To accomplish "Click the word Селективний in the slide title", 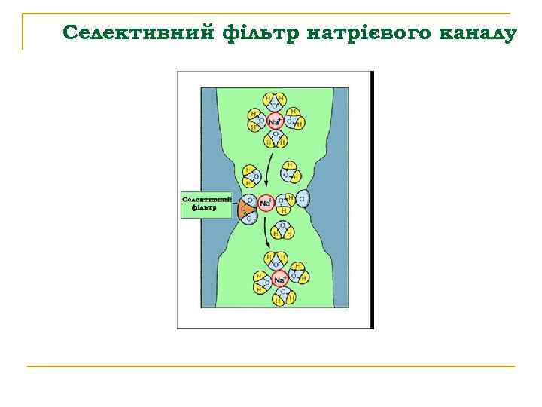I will (140, 34).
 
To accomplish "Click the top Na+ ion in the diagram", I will (275, 121).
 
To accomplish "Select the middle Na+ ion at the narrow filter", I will (266, 202).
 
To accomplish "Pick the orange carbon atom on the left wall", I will (245, 209).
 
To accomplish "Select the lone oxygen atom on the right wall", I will (303, 200).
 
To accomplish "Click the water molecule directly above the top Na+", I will (275, 101).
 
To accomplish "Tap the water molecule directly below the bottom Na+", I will (279, 297).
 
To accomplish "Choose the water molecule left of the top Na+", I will (256, 118).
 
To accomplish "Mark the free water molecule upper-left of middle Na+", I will (251, 176).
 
